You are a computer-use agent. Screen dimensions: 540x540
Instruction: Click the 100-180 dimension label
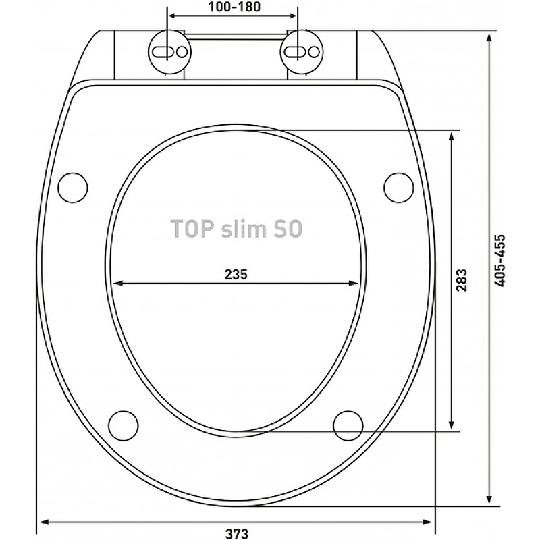click(x=234, y=7)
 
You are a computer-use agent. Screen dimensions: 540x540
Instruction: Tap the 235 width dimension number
click(x=236, y=275)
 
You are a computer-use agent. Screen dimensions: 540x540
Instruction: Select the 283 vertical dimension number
click(x=462, y=280)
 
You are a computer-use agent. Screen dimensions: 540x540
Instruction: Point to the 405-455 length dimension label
click(x=500, y=261)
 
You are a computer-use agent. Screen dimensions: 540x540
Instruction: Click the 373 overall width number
click(x=237, y=533)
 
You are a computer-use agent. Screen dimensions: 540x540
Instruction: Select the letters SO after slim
click(x=288, y=229)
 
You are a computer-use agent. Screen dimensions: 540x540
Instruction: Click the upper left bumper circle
click(x=73, y=188)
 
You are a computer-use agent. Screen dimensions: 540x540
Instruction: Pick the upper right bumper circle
click(x=399, y=188)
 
